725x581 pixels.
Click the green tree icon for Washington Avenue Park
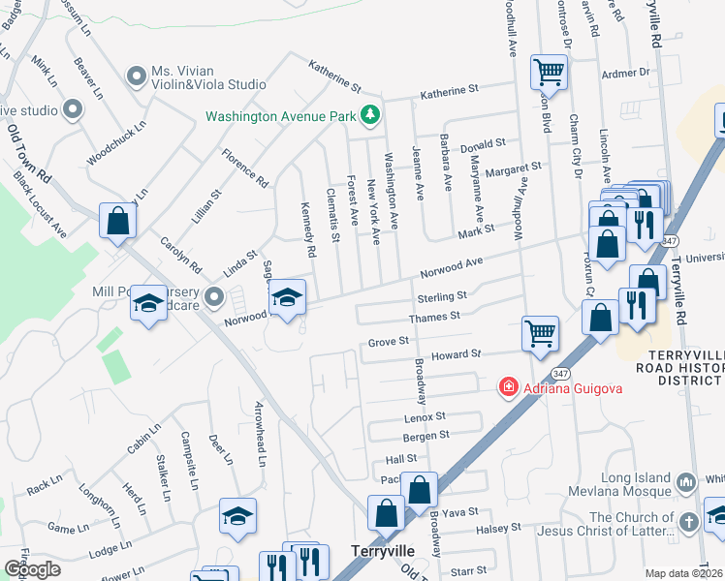[x=368, y=116]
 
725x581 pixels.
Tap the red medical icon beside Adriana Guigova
[x=506, y=388]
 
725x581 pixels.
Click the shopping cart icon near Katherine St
[x=549, y=72]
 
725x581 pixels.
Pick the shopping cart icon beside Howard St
[x=541, y=333]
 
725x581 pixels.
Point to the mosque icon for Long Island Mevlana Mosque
[x=686, y=481]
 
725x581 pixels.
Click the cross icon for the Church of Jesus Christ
[x=688, y=522]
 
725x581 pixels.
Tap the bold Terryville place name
[x=382, y=549]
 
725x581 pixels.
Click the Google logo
[x=32, y=568]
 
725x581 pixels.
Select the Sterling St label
[x=442, y=296]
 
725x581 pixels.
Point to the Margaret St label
[x=513, y=167]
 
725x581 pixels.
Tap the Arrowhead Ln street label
[x=260, y=433]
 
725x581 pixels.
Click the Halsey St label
[x=501, y=528]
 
